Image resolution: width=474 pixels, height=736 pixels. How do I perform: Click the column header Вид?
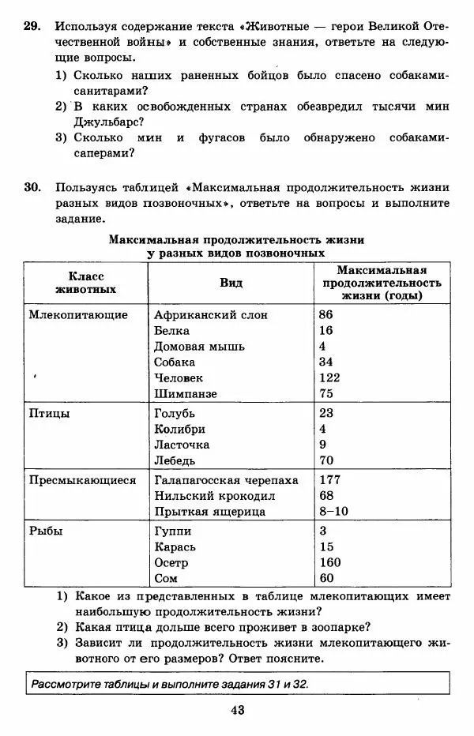[231, 283]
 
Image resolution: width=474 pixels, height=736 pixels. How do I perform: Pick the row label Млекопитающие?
[78, 314]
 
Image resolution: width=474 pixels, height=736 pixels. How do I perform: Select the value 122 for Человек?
[329, 377]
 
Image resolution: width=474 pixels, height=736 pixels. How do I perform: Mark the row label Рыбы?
[46, 531]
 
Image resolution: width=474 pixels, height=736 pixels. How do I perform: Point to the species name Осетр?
[174, 562]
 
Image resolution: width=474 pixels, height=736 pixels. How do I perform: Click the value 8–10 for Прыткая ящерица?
[333, 511]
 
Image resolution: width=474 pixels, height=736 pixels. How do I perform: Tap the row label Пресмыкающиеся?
[82, 479]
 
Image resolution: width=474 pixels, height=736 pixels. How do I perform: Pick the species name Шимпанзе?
[186, 393]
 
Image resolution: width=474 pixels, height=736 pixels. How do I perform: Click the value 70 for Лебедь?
[325, 460]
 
